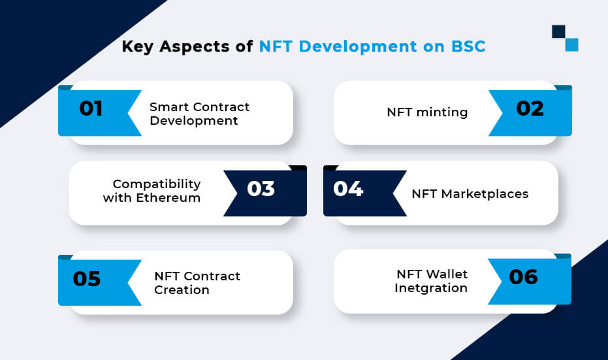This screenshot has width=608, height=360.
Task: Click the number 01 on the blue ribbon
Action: pos(91,108)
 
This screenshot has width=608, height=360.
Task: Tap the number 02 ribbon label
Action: pos(530,108)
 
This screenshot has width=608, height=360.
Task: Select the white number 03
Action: pos(261,189)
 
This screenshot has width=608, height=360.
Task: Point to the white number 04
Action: pos(348,189)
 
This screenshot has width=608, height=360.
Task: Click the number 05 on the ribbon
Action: pos(87,278)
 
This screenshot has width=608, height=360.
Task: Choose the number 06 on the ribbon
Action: pos(523,277)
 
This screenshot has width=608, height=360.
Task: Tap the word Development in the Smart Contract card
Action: pos(194,121)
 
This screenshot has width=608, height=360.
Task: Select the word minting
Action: pos(441,112)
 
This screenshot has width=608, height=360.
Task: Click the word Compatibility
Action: pos(157,184)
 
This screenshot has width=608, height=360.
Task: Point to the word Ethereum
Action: pos(168,198)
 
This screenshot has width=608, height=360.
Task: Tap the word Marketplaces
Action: pos(485,194)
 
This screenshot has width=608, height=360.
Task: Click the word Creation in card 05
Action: pos(182,290)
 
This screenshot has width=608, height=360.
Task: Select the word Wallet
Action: pos(445,274)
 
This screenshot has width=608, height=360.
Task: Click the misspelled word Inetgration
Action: pos(431,288)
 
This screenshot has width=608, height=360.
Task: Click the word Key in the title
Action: pos(138,47)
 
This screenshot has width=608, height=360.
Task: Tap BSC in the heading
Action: pos(468,46)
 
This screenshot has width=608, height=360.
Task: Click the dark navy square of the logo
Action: pos(558,32)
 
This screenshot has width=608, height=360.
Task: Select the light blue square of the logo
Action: pos(571,44)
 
